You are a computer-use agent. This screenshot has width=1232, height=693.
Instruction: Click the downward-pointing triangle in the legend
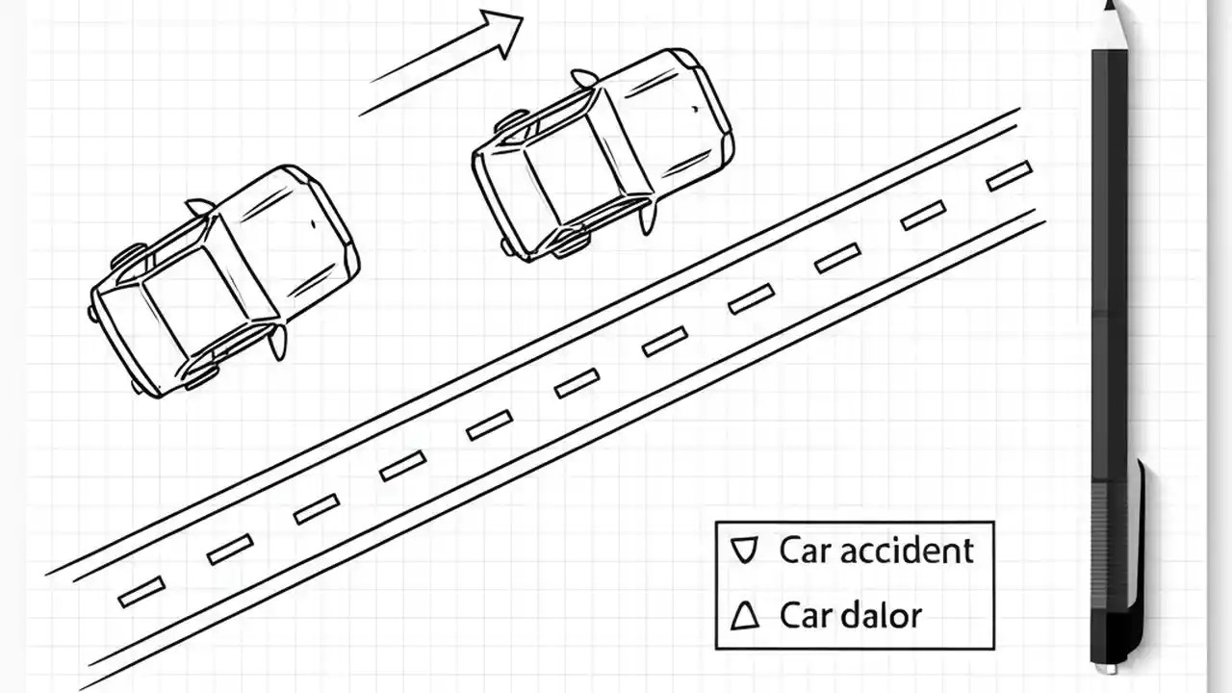[743, 551]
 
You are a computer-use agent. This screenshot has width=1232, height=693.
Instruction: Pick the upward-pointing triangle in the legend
[744, 615]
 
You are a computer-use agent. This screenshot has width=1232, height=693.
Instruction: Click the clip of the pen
[1141, 558]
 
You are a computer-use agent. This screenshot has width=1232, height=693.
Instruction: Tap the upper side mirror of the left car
[199, 206]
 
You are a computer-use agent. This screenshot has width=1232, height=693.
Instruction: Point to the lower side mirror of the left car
[278, 342]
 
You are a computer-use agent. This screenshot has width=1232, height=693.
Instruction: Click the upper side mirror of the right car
[583, 78]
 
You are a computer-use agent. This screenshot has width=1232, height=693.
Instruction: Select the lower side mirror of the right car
[648, 218]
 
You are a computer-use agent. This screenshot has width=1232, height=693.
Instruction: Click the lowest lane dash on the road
[141, 591]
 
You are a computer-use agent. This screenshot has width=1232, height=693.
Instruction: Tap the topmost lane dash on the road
[1009, 176]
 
